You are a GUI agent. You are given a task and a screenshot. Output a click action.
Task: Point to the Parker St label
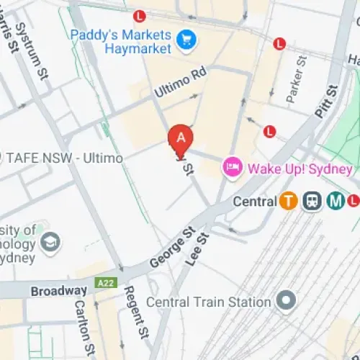click(296, 75)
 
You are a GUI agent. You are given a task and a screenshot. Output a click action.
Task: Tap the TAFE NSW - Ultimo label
click(63, 157)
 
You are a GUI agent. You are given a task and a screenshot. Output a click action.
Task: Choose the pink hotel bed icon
click(232, 168)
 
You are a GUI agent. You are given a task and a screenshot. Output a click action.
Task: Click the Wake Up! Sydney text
click(300, 169)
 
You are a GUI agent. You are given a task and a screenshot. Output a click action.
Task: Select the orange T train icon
click(289, 202)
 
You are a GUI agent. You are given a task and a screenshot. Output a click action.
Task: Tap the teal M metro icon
click(335, 202)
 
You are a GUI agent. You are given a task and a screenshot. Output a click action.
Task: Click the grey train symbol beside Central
click(312, 202)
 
